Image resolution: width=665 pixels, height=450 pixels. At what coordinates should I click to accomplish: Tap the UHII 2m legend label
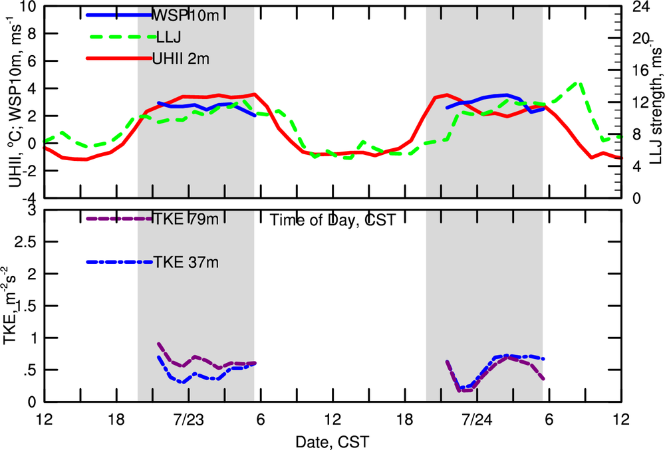(x=181, y=59)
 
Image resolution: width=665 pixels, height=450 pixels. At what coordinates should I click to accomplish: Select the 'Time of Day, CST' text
(x=332, y=221)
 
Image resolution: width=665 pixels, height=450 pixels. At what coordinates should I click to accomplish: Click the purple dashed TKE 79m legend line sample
(x=120, y=219)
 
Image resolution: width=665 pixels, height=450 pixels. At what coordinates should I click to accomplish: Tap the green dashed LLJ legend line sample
(x=120, y=37)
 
